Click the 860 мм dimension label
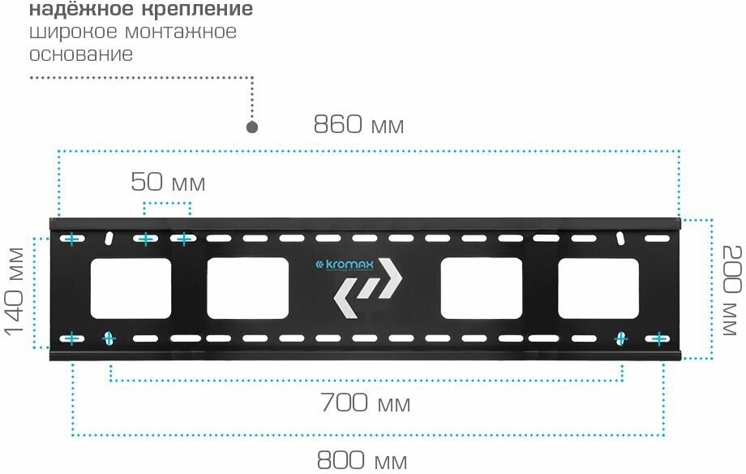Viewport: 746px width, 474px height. pyautogui.click(x=358, y=125)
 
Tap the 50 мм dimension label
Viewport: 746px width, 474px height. pyautogui.click(x=168, y=183)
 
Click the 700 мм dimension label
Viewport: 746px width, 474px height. pyautogui.click(x=365, y=403)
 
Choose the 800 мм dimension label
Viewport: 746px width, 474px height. pyautogui.click(x=361, y=461)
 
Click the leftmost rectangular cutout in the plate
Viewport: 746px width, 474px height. pyautogui.click(x=131, y=288)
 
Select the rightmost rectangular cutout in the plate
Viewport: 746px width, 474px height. pyautogui.click(x=598, y=288)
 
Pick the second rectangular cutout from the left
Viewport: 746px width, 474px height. pyautogui.click(x=248, y=288)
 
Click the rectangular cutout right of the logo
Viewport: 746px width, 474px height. pyautogui.click(x=481, y=288)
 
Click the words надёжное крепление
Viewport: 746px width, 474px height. pyautogui.click(x=140, y=11)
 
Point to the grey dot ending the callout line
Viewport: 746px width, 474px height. pyautogui.click(x=252, y=127)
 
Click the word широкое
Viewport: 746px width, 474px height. pyautogui.click(x=71, y=33)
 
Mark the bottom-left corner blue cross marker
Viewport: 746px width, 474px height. pyautogui.click(x=71, y=338)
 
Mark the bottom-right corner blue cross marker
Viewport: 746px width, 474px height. pyautogui.click(x=660, y=338)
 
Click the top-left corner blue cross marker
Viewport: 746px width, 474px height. pyautogui.click(x=71, y=239)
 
